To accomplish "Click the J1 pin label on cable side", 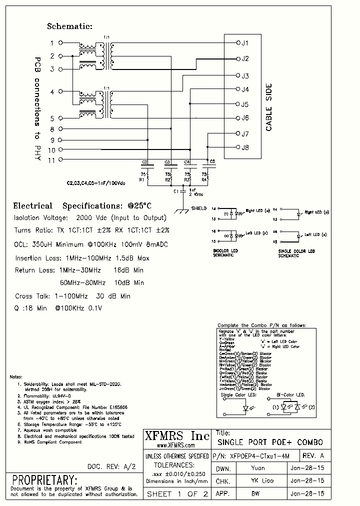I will tap(244, 43).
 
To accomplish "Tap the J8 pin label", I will tap(244, 147).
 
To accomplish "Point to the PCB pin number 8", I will tap(52, 129).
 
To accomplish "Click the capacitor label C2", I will tap(144, 162).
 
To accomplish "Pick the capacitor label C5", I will tap(212, 161).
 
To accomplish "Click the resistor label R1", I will tap(141, 178).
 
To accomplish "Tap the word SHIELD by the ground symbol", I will tap(198, 208).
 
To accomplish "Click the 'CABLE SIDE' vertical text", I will tap(268, 107).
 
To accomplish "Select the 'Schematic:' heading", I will tap(70, 26).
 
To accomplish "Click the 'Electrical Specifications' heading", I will tap(82, 206).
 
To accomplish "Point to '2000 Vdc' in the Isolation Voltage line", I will tap(91, 218).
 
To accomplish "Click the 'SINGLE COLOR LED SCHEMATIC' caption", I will tap(296, 253).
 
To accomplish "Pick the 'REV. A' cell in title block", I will tap(314, 456).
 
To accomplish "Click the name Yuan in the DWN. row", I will tap(257, 468).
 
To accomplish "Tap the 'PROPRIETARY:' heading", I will tap(44, 479).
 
